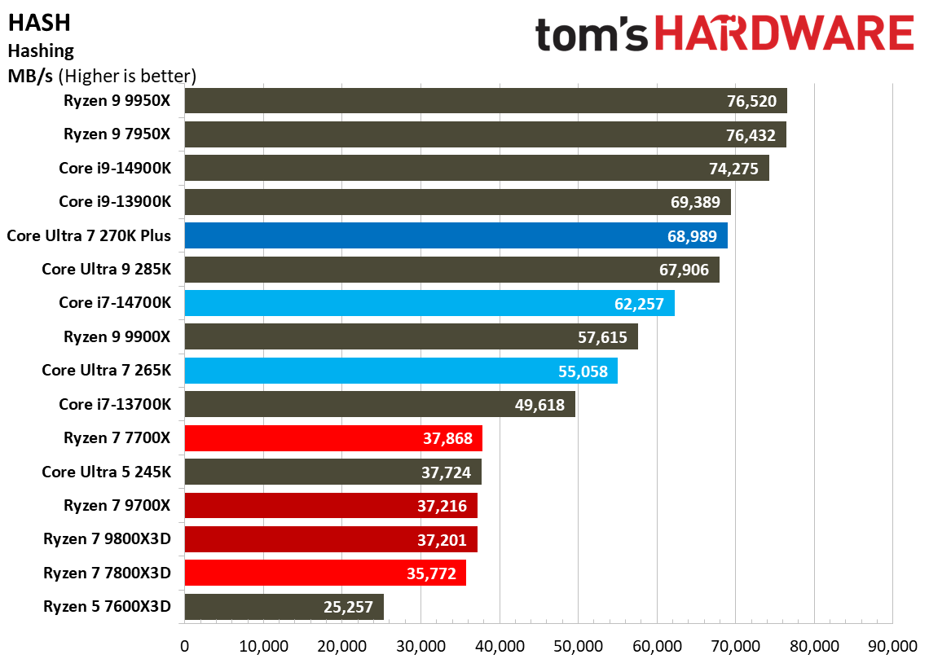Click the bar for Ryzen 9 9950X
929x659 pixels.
pyautogui.click(x=485, y=102)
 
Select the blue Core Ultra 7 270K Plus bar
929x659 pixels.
pyautogui.click(x=456, y=236)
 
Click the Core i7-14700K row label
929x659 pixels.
pyautogui.click(x=115, y=303)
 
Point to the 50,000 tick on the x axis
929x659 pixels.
pyautogui.click(x=577, y=646)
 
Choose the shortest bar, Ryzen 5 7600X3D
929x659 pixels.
pyautogui.click(x=284, y=607)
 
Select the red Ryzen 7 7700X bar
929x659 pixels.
pyautogui.click(x=333, y=438)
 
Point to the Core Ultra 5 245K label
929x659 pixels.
pyautogui.click(x=107, y=472)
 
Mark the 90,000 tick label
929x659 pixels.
pyautogui.click(x=892, y=646)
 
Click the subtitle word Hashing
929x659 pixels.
pyautogui.click(x=41, y=51)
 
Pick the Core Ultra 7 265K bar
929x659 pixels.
pyautogui.click(x=401, y=371)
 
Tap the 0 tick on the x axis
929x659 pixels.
pyautogui.click(x=185, y=646)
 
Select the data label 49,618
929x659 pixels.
pyautogui.click(x=539, y=405)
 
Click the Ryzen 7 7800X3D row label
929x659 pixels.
pyautogui.click(x=108, y=573)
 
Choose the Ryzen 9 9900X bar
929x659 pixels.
pyautogui.click(x=411, y=336)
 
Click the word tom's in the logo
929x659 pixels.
pyautogui.click(x=592, y=37)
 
